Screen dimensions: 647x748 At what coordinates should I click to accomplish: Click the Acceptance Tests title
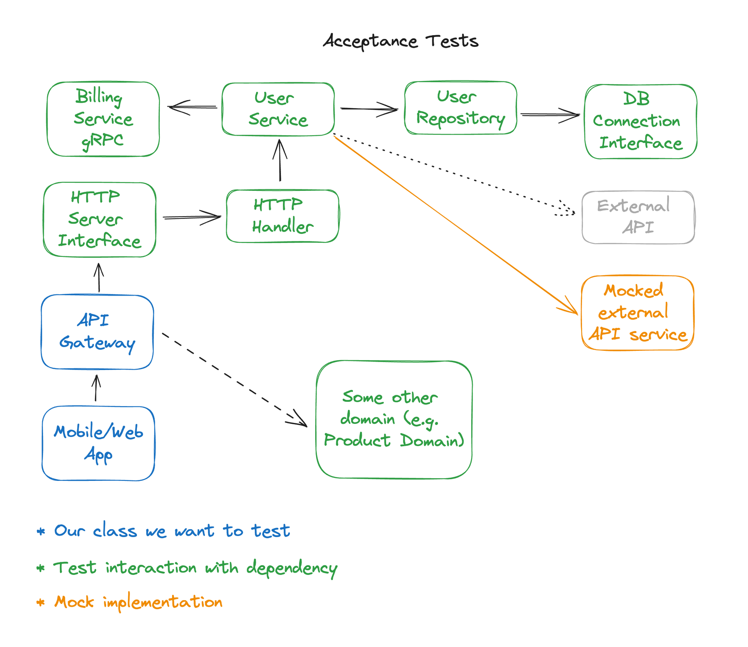[x=401, y=41]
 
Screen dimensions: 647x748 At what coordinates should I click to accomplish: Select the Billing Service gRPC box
[x=103, y=119]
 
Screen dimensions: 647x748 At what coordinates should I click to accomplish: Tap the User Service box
[x=278, y=109]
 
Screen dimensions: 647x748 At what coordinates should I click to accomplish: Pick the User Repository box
[x=460, y=108]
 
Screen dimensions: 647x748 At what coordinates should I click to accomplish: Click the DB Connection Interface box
[x=640, y=122]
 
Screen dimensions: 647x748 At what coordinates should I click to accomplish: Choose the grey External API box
[x=638, y=217]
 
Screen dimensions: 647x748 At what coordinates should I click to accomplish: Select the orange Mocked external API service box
[x=637, y=313]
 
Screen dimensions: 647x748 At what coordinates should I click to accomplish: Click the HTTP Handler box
[x=282, y=216]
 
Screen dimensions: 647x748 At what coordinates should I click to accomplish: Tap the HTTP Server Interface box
[x=100, y=219]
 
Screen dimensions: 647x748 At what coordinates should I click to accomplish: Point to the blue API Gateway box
[x=97, y=332]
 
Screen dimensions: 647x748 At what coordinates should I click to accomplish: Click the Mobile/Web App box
[x=98, y=443]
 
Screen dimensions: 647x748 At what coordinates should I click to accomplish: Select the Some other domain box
[x=394, y=419]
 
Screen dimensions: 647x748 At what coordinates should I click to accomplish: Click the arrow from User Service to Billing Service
[x=192, y=108]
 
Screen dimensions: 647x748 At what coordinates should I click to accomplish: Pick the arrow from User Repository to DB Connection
[x=550, y=115]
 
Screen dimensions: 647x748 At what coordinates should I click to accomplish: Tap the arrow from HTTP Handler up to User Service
[x=280, y=160]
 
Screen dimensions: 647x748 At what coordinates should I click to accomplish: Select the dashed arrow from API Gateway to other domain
[x=234, y=380]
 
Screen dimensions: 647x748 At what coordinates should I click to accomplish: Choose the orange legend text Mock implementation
[x=138, y=602]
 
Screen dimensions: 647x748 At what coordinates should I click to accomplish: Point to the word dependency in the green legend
[x=292, y=568]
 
